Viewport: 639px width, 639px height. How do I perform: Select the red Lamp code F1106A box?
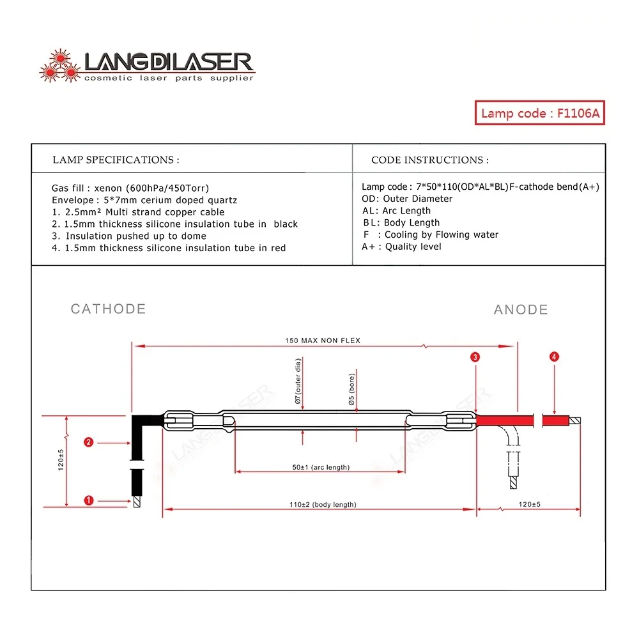pos(540,113)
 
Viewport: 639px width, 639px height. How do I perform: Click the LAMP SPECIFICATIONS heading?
pos(116,160)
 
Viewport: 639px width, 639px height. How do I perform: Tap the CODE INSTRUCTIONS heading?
pos(430,160)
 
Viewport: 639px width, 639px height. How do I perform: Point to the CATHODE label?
pos(108,309)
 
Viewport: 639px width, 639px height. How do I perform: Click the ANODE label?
pos(521,310)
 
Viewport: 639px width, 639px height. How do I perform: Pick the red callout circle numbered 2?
pos(89,442)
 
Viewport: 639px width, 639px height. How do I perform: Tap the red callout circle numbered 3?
pos(475,357)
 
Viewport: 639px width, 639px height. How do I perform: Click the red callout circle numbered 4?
pos(554,357)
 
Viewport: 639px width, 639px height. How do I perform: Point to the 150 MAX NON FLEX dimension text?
pos(323,341)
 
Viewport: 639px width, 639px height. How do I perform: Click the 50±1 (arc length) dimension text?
pos(321,467)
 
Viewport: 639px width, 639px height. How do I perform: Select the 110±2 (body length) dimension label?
pos(323,504)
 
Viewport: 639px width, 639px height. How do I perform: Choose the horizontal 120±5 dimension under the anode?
pos(529,504)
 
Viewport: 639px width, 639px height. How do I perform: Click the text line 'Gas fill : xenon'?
pos(130,188)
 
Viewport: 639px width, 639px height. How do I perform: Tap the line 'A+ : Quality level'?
pos(401,247)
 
